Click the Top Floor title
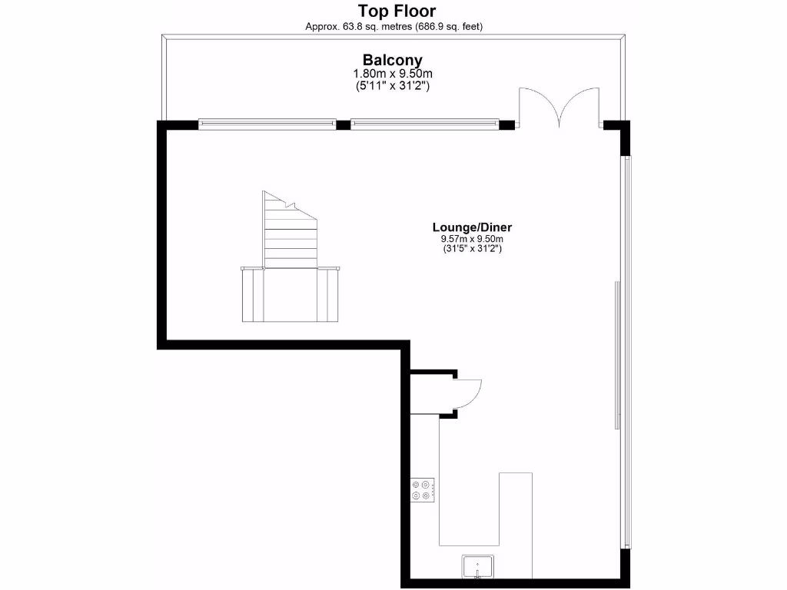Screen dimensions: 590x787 coord(397,11)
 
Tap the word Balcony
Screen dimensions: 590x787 coord(392,60)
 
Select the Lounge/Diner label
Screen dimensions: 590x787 coord(472,227)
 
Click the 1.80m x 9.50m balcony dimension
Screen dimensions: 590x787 coord(393,74)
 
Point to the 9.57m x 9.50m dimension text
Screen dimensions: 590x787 coord(472,239)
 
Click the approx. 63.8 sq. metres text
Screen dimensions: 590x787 coord(394,26)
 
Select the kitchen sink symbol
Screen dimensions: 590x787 coord(478,567)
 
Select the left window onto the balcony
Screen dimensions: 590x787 coord(267,123)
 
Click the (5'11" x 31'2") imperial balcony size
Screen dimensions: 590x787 coord(393,86)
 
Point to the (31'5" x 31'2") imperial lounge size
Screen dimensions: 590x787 coord(472,249)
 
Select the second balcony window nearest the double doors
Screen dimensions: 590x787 coord(424,123)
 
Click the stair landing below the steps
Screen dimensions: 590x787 coord(290,295)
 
